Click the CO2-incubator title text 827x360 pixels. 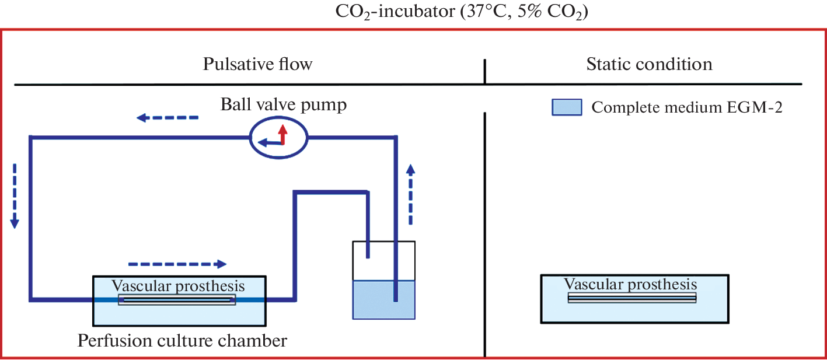coord(460,12)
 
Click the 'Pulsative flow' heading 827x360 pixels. coord(257,64)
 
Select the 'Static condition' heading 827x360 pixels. coord(649,64)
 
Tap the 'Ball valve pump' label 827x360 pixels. coord(284,105)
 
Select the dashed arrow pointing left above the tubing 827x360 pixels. coord(168,118)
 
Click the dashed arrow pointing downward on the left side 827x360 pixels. coord(15,196)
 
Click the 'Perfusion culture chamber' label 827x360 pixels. coord(183,340)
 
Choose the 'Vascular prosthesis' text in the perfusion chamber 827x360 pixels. coord(178,286)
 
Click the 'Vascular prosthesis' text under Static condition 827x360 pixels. coord(630,284)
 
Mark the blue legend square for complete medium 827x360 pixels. coord(567,107)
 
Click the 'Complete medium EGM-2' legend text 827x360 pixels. coord(686,107)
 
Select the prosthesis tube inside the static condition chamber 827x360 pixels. coord(632,297)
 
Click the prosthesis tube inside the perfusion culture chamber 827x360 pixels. coord(177,300)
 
